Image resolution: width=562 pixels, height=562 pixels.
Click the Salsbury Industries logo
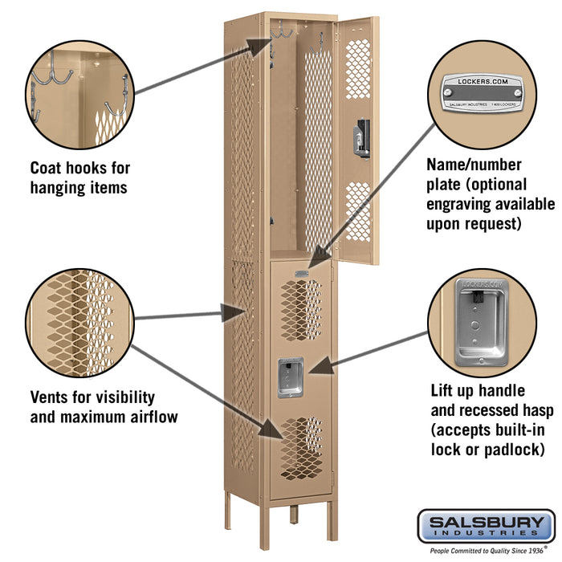484,527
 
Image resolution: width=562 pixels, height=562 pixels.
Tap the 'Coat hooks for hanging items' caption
79,177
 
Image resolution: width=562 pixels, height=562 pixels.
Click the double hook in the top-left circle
55,72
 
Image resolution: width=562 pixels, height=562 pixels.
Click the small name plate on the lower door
301,274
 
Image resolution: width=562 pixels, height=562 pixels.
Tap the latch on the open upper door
364,136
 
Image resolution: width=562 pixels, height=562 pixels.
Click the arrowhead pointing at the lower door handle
316,369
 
